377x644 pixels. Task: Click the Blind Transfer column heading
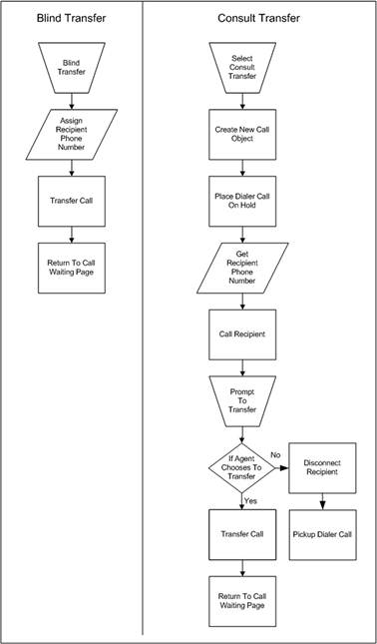[x=71, y=19]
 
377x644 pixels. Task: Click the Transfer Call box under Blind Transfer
[x=71, y=200]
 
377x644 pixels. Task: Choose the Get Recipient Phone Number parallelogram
[x=241, y=268]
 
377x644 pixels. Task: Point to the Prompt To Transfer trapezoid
[x=241, y=400]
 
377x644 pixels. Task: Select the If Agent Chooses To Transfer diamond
[x=241, y=467]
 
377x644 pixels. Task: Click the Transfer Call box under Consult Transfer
[x=241, y=535]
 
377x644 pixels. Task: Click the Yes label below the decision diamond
[x=251, y=501]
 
